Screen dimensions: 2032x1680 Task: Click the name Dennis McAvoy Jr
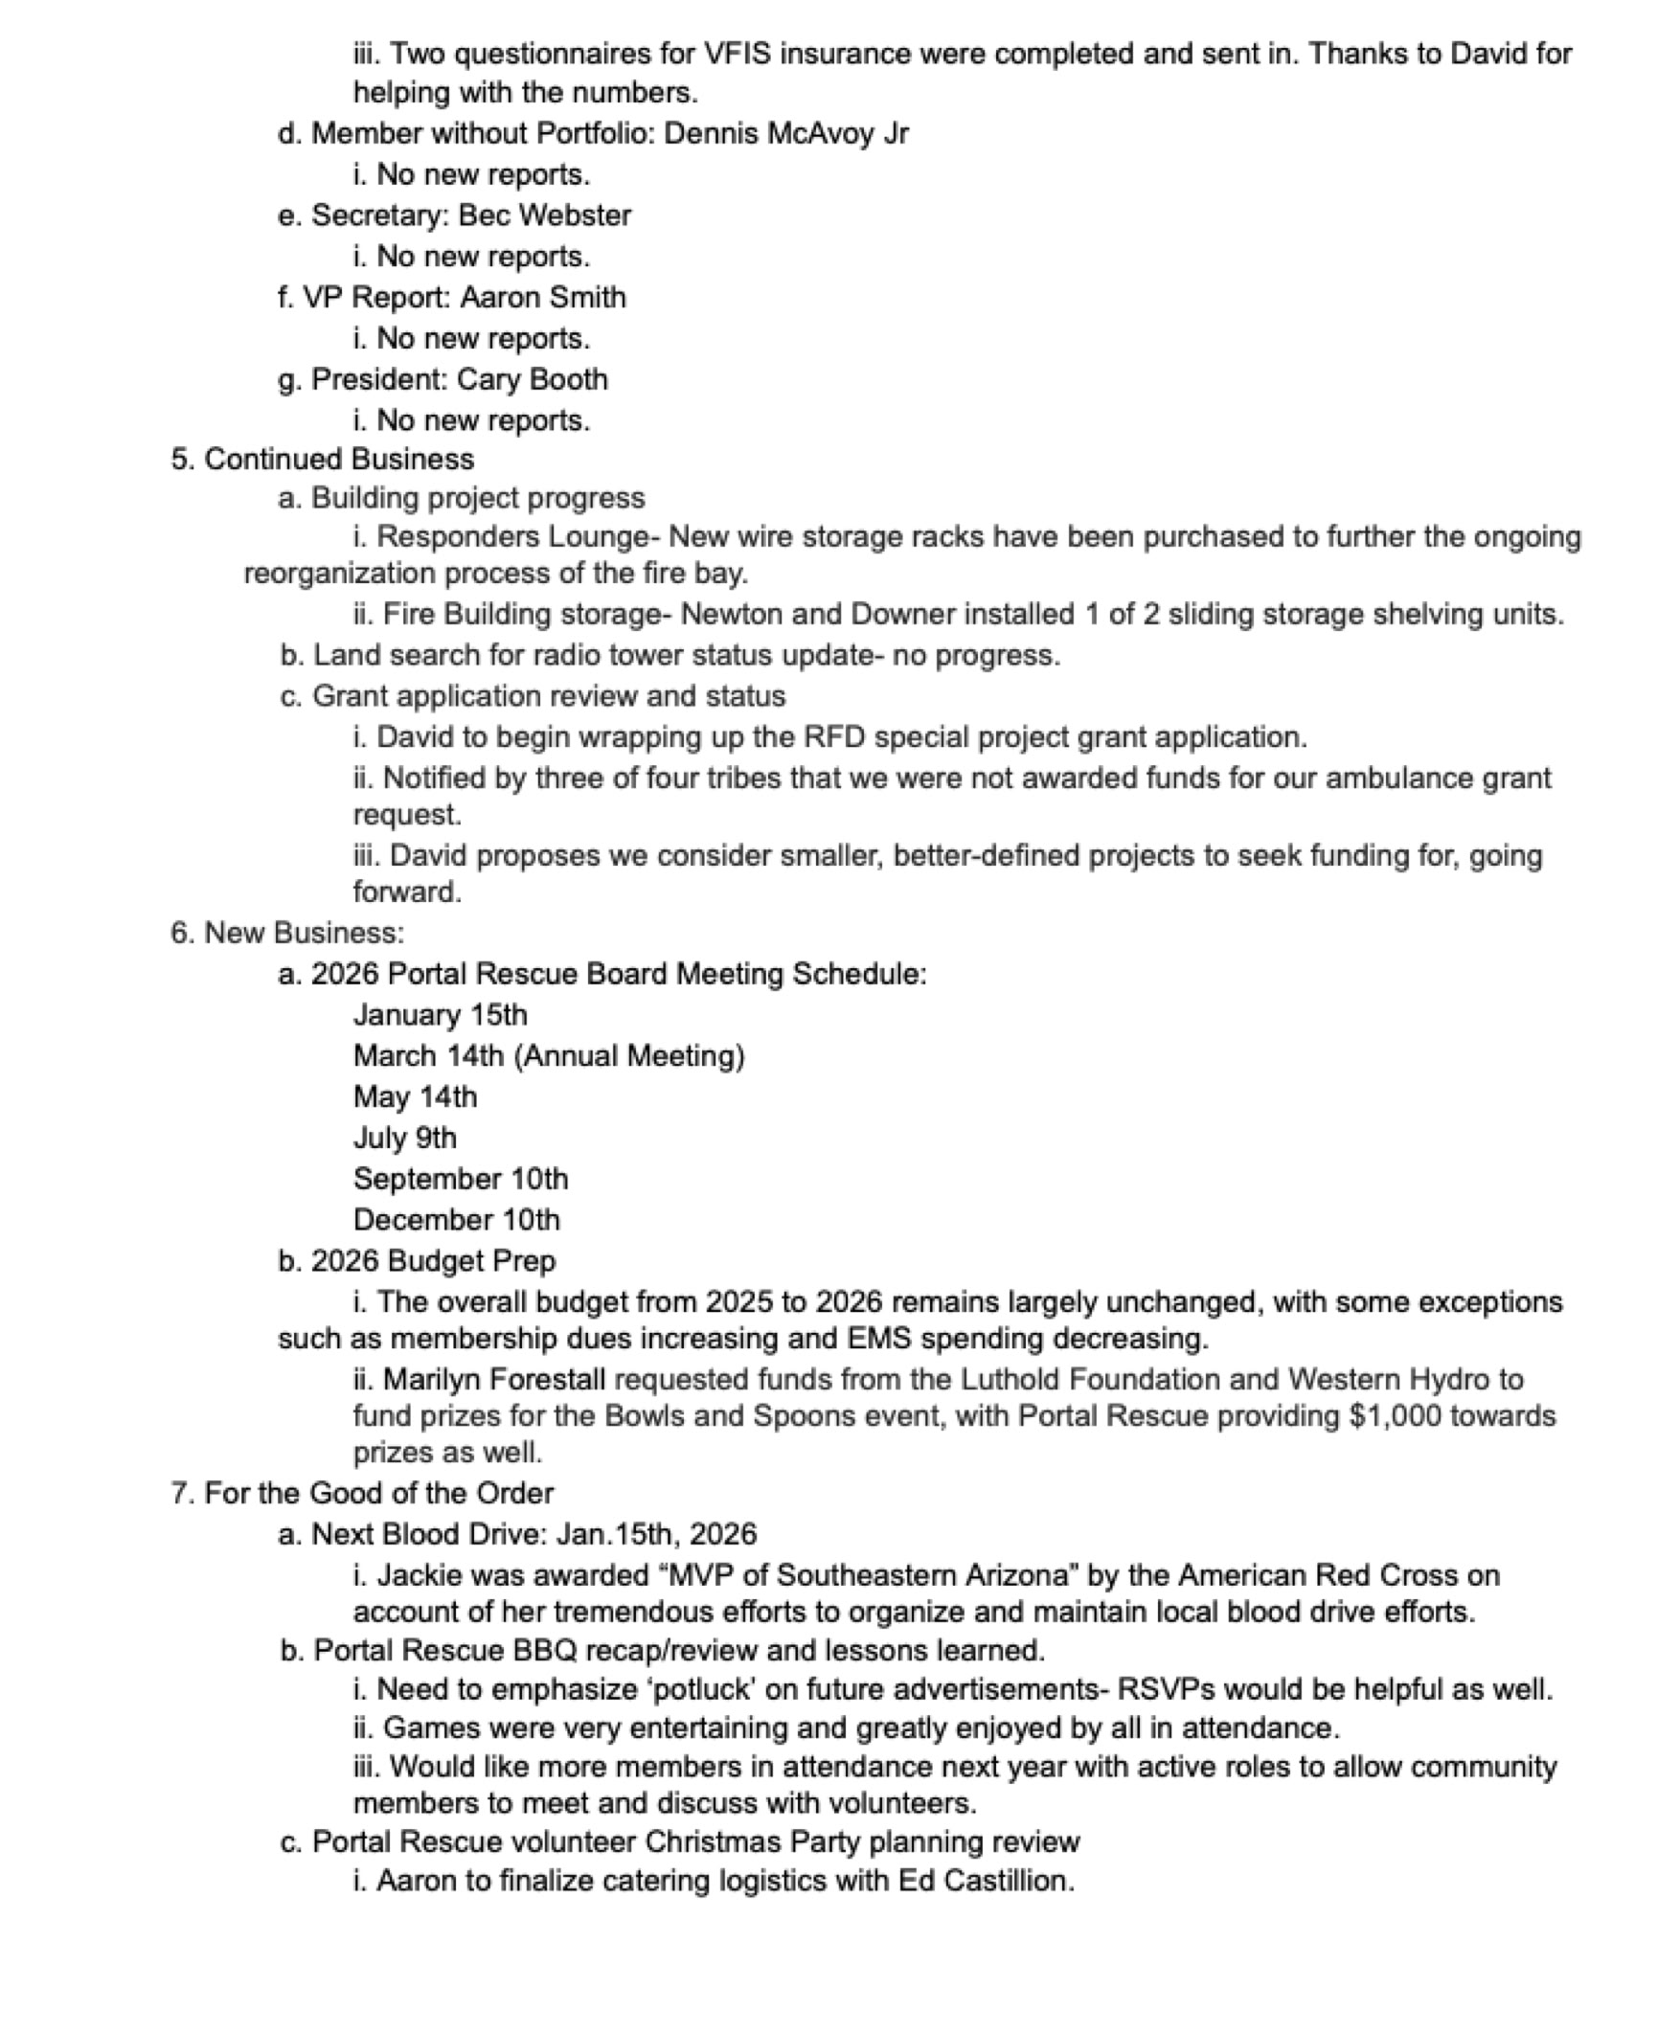pos(785,133)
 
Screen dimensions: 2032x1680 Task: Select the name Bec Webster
pos(544,214)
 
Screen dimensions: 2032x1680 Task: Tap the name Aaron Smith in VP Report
pos(542,297)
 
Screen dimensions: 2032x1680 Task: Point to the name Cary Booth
pos(532,379)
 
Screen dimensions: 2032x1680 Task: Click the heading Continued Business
pos(339,459)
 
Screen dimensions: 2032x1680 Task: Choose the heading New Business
pos(304,933)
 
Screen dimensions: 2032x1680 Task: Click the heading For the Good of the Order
pos(378,1493)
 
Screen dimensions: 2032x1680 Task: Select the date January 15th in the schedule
pos(441,1015)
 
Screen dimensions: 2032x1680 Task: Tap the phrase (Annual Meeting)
pos(629,1055)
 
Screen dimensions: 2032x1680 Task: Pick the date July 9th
pos(404,1138)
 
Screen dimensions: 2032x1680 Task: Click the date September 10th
pos(461,1179)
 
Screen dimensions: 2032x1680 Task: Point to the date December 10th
pos(457,1219)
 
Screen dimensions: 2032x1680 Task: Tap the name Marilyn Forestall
pos(494,1379)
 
